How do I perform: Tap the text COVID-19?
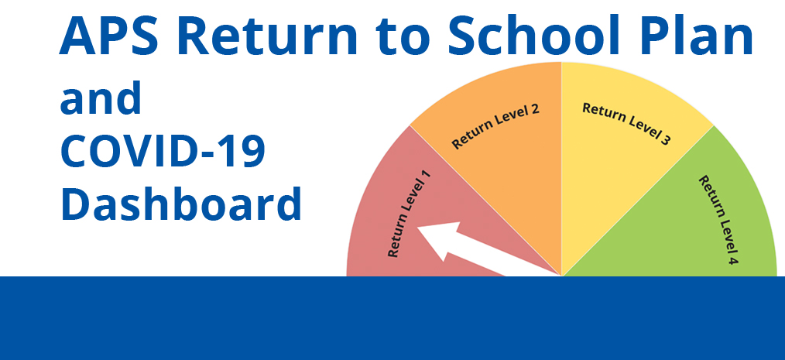(x=163, y=152)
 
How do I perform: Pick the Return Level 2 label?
(x=495, y=126)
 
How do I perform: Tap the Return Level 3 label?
(x=626, y=125)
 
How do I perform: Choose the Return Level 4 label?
(x=717, y=220)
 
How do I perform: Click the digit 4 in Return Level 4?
(x=732, y=261)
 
